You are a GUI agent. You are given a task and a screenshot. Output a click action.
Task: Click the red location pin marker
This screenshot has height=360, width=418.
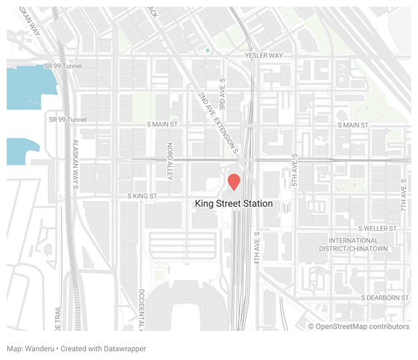(234, 181)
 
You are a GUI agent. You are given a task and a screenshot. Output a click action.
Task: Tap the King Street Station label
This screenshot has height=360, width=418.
(234, 204)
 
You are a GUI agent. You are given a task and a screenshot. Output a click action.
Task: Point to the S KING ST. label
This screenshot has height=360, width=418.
(148, 196)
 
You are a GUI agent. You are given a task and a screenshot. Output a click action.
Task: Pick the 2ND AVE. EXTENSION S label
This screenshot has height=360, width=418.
(219, 121)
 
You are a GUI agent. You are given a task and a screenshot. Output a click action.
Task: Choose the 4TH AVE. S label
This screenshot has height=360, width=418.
(257, 248)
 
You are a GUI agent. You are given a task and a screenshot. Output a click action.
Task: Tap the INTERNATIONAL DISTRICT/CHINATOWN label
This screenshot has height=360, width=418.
(358, 245)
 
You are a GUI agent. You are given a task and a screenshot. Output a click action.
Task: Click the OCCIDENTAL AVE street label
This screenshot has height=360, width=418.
(141, 305)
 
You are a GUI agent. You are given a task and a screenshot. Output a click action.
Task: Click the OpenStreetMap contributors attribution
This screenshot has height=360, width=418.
(358, 327)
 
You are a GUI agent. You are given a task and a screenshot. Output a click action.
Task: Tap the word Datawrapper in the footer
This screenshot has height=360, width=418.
(123, 349)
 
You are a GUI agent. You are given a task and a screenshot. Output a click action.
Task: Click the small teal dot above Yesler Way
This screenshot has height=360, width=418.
(208, 50)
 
